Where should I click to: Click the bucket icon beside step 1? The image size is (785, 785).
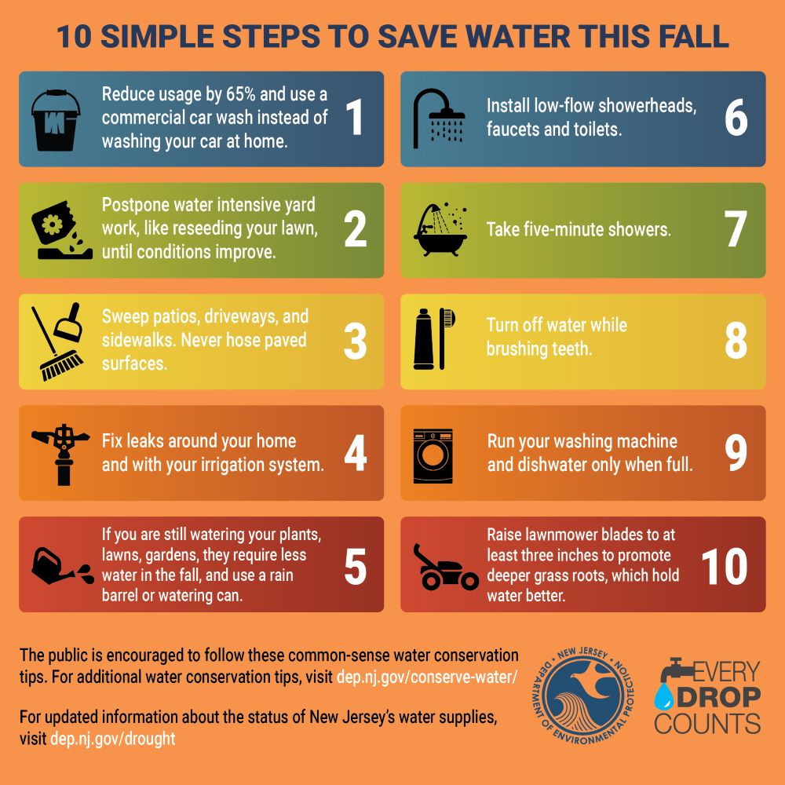tap(55, 119)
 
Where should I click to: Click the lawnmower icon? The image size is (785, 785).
tap(445, 567)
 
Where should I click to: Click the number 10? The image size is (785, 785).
tap(724, 565)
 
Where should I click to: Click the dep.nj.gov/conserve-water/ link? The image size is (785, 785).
tap(427, 677)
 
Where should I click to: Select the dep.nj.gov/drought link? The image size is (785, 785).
tap(112, 739)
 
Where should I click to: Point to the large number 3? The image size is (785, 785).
tap(355, 341)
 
